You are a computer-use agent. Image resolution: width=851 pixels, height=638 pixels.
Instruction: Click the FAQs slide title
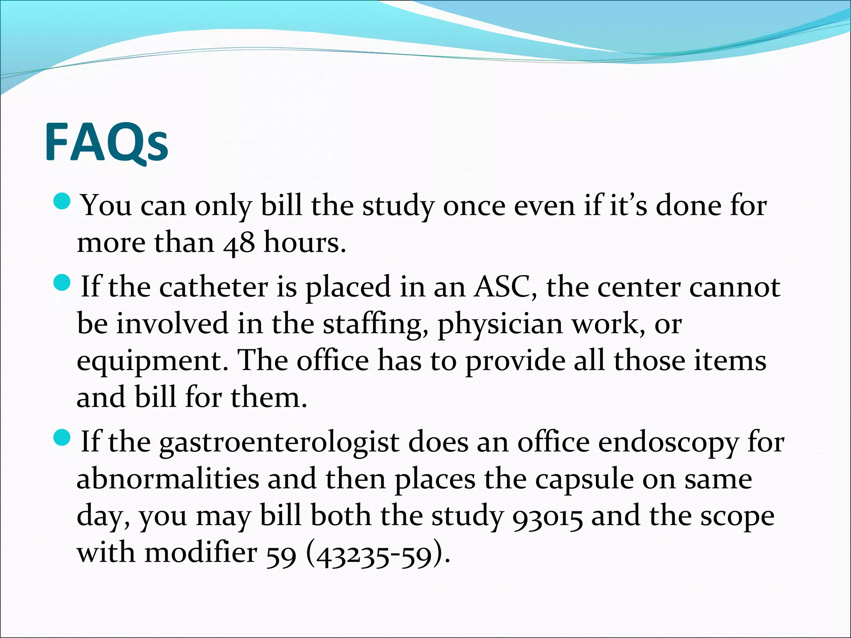point(106,142)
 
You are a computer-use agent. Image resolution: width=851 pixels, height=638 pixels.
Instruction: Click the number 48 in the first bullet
point(239,243)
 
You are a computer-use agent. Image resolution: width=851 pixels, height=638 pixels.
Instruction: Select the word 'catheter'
point(214,287)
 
